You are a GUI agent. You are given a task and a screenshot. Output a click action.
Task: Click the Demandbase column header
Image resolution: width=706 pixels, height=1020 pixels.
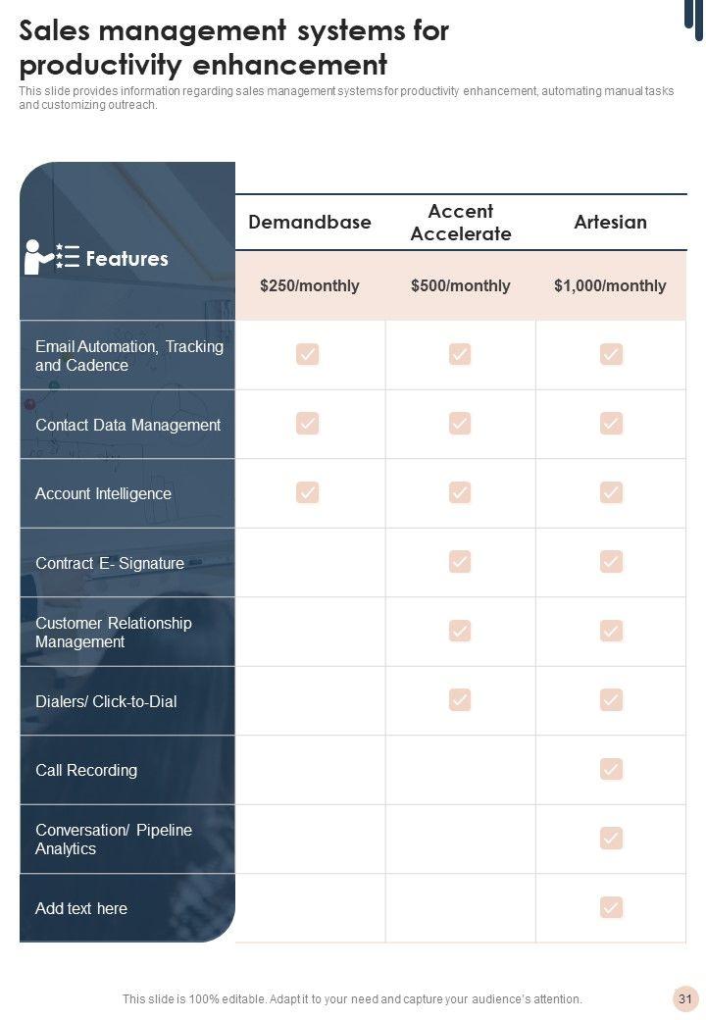pos(310,222)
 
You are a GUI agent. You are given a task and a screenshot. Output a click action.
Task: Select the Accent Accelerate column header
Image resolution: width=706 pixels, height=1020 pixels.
pos(461,223)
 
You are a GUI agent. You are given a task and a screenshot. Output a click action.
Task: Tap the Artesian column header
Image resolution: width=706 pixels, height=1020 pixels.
pos(611,222)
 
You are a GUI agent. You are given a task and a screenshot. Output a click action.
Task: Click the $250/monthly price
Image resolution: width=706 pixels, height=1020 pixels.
pos(310,285)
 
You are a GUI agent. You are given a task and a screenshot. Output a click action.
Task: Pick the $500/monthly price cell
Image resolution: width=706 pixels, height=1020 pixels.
pos(461,285)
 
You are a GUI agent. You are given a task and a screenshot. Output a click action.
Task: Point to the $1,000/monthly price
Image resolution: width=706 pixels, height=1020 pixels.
pos(610,285)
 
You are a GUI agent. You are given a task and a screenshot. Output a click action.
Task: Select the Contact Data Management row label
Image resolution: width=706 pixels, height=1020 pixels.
pos(127,425)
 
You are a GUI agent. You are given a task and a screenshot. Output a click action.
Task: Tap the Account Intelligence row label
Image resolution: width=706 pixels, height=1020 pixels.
pos(103,493)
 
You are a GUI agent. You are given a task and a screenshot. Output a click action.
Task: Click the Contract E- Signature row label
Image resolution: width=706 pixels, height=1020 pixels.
pos(110,563)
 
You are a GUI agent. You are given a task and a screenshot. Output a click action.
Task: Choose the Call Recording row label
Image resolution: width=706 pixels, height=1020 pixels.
pos(86,770)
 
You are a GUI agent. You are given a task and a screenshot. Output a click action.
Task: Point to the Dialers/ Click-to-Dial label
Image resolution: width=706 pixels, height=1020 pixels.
pos(106,701)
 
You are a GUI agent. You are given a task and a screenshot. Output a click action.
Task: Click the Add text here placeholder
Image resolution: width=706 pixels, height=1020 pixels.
pos(81,908)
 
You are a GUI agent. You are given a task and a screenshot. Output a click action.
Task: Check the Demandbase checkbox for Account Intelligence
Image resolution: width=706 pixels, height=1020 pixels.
pos(308,492)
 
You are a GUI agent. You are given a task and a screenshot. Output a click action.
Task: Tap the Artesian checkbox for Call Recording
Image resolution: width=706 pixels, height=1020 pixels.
pos(612,769)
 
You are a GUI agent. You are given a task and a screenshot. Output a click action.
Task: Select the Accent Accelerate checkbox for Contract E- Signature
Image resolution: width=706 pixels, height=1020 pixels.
pos(460,561)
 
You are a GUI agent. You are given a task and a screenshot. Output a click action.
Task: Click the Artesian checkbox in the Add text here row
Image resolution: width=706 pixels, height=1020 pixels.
pos(612,907)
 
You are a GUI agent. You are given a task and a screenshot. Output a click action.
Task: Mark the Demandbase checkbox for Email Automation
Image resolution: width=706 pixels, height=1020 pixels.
pos(308,354)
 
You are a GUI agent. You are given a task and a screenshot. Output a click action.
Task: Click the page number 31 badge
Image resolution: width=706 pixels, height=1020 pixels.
pos(685,999)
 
